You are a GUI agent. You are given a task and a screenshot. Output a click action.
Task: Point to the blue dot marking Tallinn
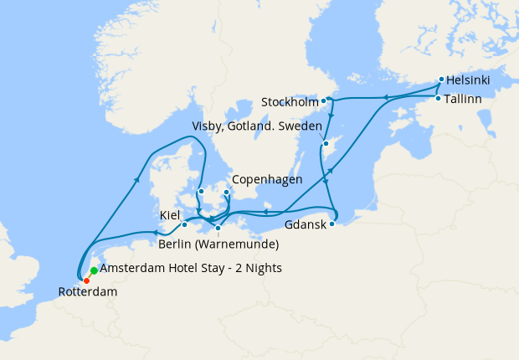tap(438, 99)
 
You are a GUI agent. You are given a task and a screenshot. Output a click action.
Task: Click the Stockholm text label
tap(290, 102)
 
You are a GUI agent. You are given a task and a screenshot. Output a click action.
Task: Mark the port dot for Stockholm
tap(323, 100)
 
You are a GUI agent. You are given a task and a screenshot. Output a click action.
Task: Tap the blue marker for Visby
tap(325, 144)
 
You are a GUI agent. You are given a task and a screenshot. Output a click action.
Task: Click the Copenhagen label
tap(266, 179)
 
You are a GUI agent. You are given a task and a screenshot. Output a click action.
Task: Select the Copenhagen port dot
tap(226, 192)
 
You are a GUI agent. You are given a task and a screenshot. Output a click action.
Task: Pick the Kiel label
tap(170, 215)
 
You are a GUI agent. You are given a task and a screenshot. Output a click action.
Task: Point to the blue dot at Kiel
tap(185, 224)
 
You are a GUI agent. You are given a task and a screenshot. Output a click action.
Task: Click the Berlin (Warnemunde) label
tap(218, 244)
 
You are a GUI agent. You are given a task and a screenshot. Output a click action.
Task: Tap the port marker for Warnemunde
tap(218, 228)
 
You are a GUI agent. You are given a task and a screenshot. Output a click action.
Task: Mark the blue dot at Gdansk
tap(332, 224)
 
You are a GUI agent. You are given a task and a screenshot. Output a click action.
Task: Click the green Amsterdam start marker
tap(94, 270)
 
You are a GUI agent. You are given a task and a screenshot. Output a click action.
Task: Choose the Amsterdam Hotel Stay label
tap(191, 268)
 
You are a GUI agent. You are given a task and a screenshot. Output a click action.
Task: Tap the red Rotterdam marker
tap(86, 280)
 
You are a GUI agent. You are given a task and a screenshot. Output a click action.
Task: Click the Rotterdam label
tap(87, 293)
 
